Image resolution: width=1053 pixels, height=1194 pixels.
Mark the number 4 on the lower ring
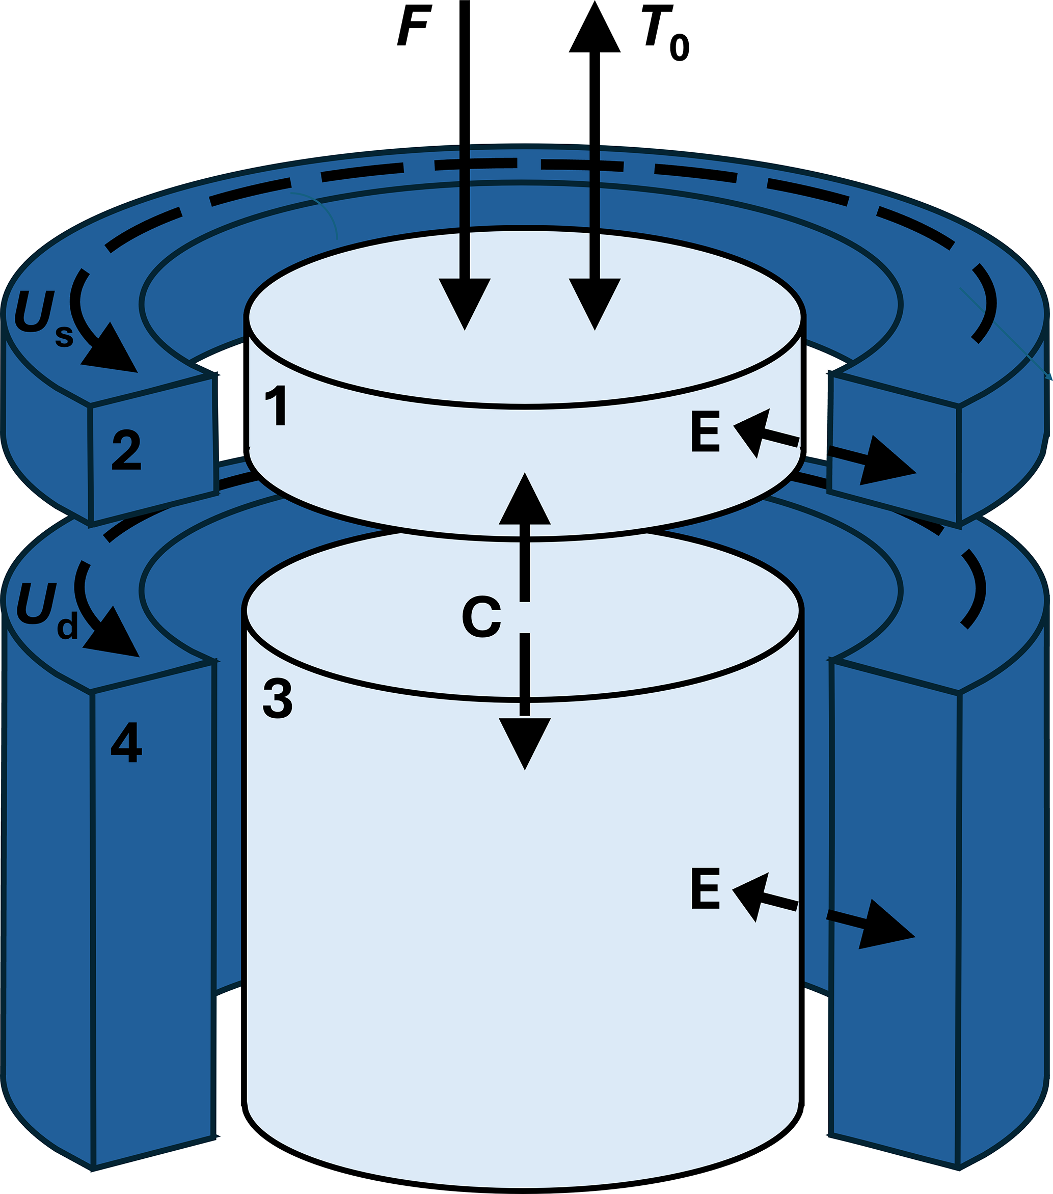coord(126,743)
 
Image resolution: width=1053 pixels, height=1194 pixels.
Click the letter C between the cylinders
coord(481,617)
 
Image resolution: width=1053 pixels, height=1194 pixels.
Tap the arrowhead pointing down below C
coord(525,742)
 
